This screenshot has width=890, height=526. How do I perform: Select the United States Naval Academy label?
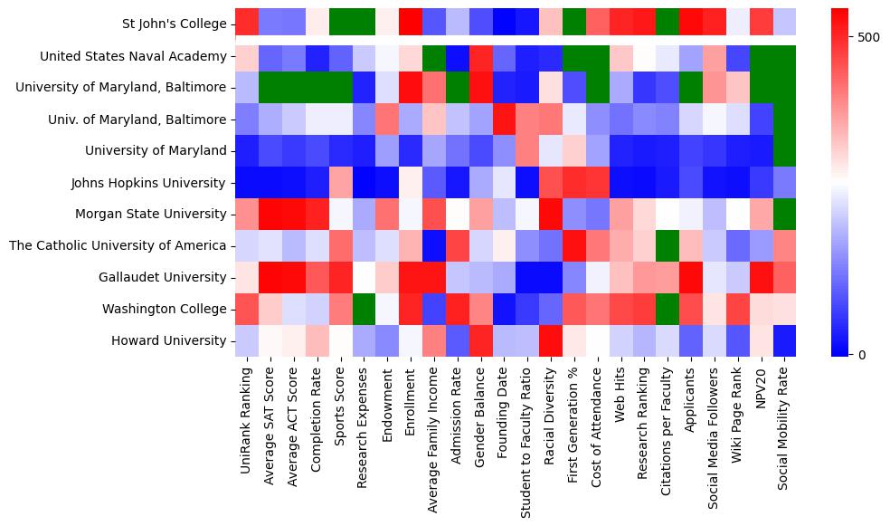(133, 56)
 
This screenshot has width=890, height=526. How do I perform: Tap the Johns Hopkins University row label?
(147, 183)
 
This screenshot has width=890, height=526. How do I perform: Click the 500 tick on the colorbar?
(867, 38)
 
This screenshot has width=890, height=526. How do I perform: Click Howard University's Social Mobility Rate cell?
(784, 340)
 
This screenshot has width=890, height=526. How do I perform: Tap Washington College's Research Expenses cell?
(363, 309)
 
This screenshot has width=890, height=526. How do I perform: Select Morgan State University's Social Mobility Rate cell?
(784, 214)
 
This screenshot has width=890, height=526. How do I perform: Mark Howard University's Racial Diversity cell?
(550, 340)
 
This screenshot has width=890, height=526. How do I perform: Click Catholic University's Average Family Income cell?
(433, 245)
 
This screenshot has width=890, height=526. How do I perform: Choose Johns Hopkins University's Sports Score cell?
(340, 183)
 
